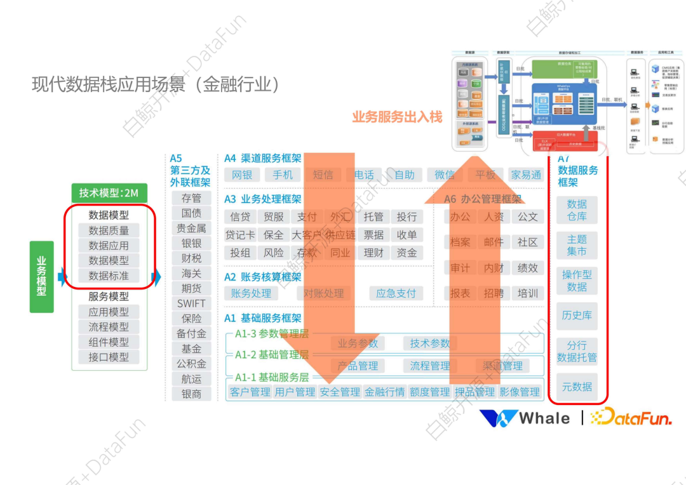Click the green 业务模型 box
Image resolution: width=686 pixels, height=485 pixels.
(x=42, y=276)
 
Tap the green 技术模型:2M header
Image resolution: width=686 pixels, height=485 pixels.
(x=109, y=193)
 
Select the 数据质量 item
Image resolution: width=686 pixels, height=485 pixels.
(x=109, y=230)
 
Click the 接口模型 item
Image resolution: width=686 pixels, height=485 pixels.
(x=109, y=357)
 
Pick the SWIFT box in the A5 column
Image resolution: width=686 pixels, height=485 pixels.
(x=191, y=303)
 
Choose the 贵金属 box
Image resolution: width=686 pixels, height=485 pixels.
(x=191, y=229)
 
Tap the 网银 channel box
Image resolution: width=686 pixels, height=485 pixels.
(x=242, y=175)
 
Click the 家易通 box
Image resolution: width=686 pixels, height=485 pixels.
(x=526, y=175)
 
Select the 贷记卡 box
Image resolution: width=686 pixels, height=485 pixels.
(x=240, y=235)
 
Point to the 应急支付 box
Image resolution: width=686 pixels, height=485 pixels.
(x=396, y=293)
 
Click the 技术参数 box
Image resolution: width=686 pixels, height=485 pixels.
(x=430, y=343)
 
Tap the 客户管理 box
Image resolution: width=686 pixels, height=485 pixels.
(x=250, y=392)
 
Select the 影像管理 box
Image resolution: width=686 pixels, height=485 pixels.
(x=520, y=392)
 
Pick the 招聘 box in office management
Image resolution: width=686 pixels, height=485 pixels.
(x=494, y=293)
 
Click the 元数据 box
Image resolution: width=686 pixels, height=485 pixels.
(x=577, y=386)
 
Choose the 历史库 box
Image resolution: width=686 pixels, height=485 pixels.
(x=577, y=316)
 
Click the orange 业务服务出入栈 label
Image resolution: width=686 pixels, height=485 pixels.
(x=397, y=117)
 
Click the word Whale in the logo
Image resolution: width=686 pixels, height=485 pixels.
(x=544, y=418)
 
